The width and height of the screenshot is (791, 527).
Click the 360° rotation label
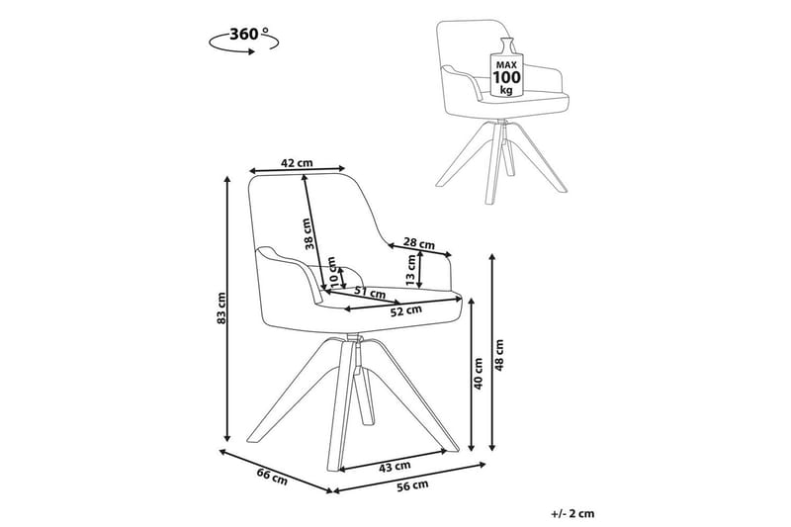pos(247,33)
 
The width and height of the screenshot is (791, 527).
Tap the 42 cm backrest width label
pos(297,162)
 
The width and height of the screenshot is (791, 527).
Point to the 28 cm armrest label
pos(418,243)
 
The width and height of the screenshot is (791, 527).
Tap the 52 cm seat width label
pos(406,310)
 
